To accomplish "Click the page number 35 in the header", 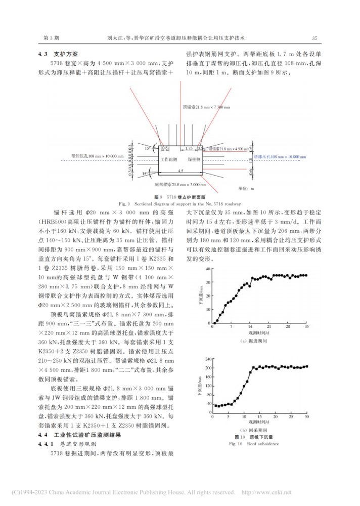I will tap(314, 38).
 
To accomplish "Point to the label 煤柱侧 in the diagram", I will tap(195, 159).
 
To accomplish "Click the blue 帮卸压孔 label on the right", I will tap(281, 158).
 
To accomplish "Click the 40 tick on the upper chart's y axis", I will tap(208, 269).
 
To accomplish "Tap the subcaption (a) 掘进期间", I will tap(259, 341).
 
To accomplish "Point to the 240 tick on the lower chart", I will tap(207, 359).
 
